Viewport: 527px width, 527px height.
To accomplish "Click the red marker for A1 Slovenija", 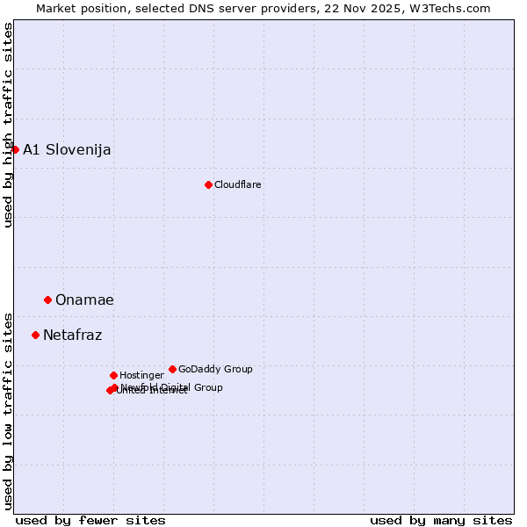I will (x=15, y=149).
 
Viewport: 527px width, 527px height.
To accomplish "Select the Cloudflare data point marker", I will (x=208, y=184).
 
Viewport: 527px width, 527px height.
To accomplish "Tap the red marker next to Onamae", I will (x=47, y=300).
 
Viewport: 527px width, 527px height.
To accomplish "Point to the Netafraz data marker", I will (x=35, y=335).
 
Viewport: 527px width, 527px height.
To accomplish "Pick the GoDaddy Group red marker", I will (x=172, y=369).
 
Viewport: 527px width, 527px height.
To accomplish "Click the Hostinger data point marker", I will (x=113, y=375).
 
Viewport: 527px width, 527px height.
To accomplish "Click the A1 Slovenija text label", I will (x=67, y=149).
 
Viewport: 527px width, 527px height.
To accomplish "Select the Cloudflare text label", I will (x=238, y=184).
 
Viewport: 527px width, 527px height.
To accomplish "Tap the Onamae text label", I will (x=84, y=300).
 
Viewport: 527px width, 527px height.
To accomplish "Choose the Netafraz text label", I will (x=72, y=335).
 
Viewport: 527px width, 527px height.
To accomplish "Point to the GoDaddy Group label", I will (x=215, y=369).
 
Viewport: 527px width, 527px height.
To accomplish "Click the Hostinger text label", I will (x=141, y=375).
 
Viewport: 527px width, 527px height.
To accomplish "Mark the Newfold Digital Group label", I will (x=172, y=387).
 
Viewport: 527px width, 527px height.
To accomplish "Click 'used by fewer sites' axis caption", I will (x=90, y=520).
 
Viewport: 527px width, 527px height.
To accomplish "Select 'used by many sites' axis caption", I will (x=441, y=520).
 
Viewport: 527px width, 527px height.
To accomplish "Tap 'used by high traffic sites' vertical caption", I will (x=8, y=125).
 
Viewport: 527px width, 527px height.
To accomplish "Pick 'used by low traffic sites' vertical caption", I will (x=8, y=410).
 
